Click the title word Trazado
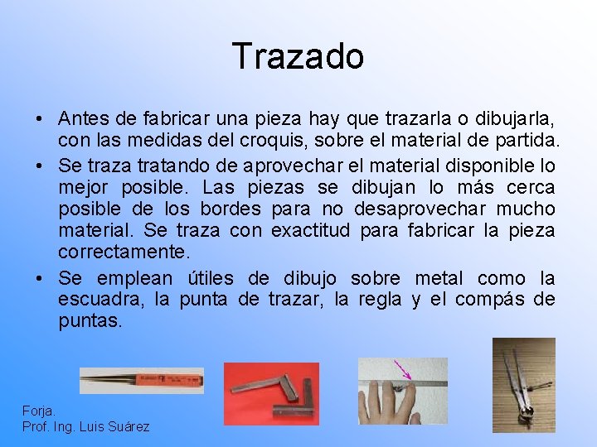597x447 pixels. (x=298, y=56)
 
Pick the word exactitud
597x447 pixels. (x=319, y=229)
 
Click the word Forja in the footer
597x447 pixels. (x=39, y=411)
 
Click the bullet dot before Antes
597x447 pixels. (x=40, y=118)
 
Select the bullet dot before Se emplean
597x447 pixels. (x=40, y=279)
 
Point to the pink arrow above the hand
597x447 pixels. (x=403, y=369)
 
